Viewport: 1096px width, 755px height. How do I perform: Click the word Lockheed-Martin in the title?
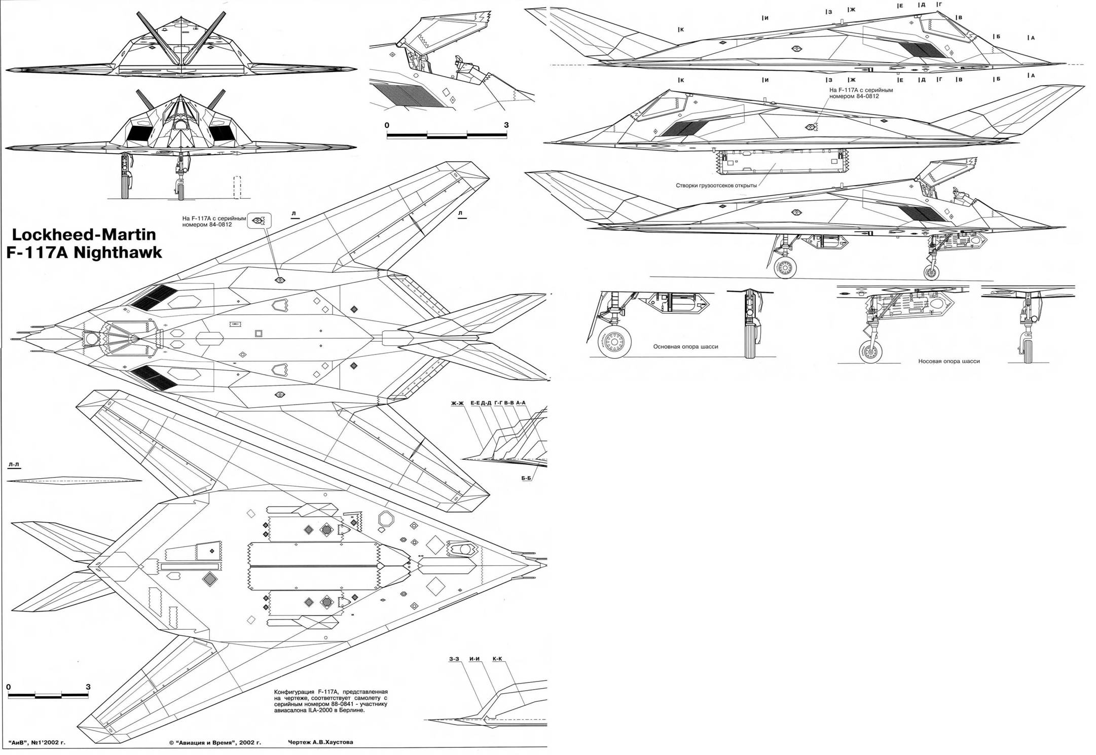[x=84, y=235]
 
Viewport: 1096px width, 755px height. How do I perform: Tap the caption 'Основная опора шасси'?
[x=685, y=347]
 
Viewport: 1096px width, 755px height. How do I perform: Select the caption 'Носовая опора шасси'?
[x=948, y=362]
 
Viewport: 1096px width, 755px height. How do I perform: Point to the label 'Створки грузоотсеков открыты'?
[x=716, y=186]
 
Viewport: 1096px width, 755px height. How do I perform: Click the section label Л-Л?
[x=14, y=464]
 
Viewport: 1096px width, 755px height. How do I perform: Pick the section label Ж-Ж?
[x=457, y=403]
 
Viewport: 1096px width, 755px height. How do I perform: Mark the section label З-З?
[x=454, y=659]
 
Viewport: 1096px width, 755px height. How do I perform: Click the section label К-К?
[x=497, y=659]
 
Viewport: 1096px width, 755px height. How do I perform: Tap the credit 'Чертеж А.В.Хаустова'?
[x=320, y=742]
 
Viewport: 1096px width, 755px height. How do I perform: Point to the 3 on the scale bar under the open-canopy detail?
[x=506, y=125]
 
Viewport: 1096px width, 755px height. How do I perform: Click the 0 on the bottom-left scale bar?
[x=8, y=687]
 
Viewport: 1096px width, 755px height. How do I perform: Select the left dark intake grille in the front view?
[x=136, y=133]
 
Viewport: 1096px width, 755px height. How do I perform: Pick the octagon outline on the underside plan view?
[x=386, y=519]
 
